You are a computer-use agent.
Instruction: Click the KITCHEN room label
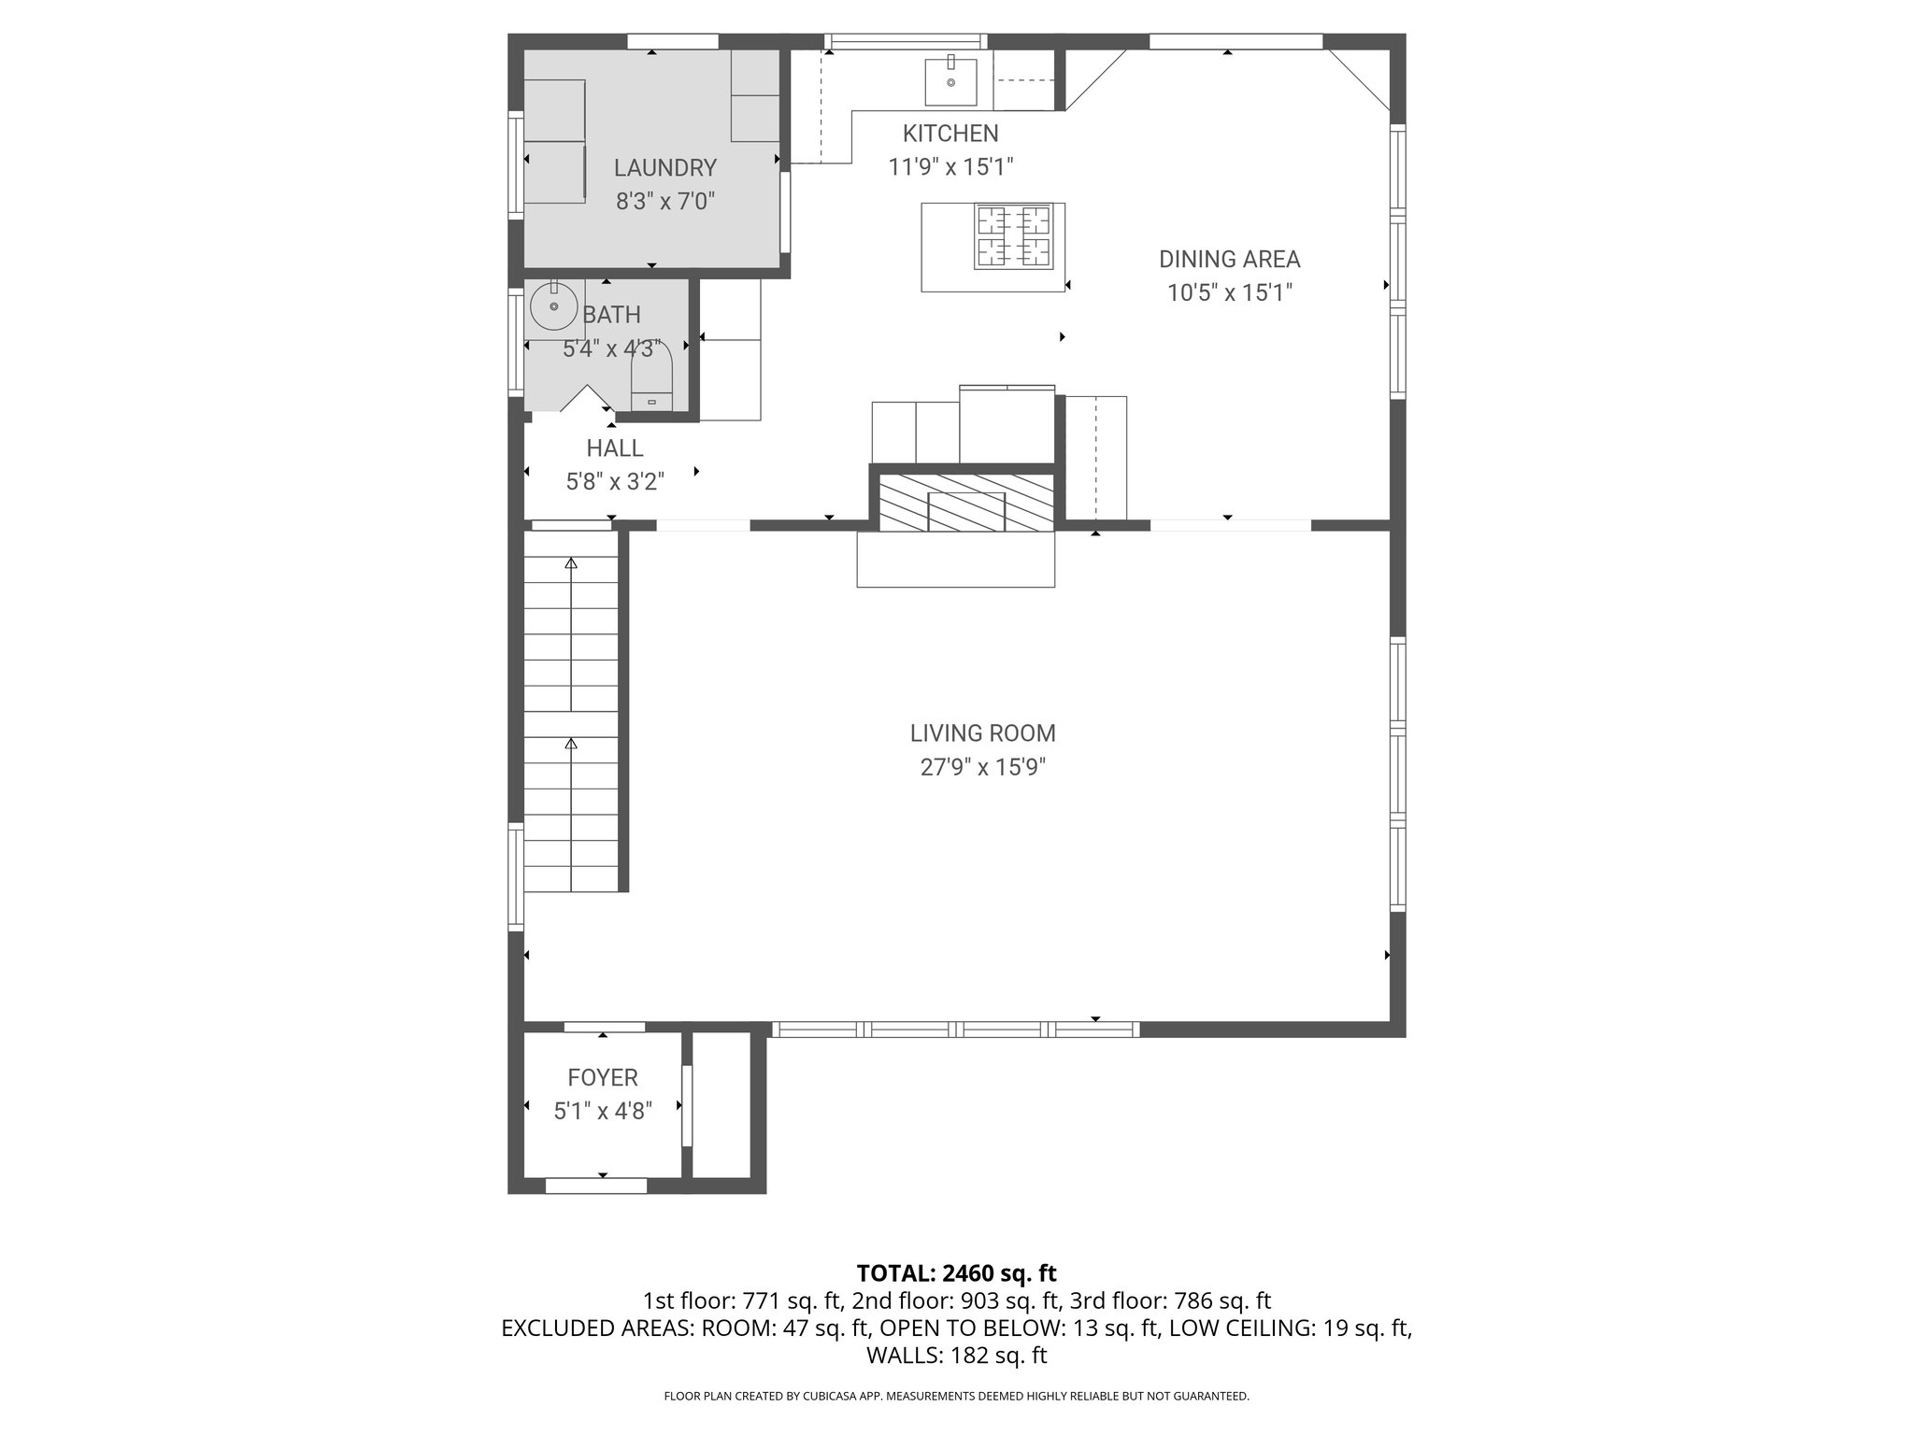coord(950,134)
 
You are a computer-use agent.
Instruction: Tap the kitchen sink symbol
coord(950,82)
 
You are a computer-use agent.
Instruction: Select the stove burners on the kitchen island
coord(1014,237)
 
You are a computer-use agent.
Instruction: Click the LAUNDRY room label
coord(664,168)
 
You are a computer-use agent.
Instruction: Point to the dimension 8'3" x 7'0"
coord(664,202)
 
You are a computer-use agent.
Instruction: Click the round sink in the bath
coord(553,306)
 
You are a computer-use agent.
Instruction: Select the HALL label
coord(614,448)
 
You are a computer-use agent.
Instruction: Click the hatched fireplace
coord(966,503)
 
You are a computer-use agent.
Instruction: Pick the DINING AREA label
coord(1229,260)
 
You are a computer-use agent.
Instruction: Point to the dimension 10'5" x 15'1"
coord(1229,293)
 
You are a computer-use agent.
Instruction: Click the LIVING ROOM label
coord(982,733)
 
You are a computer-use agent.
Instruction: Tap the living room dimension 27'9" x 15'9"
coord(982,768)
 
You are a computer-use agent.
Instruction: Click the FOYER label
coord(603,1078)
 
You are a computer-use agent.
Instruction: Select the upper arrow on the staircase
coord(571,563)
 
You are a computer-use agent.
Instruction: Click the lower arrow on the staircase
coord(571,745)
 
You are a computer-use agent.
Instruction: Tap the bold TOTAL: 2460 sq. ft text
coord(956,1273)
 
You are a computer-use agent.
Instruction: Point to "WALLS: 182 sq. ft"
coord(956,1356)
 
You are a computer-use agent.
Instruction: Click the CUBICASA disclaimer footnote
coord(956,1397)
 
